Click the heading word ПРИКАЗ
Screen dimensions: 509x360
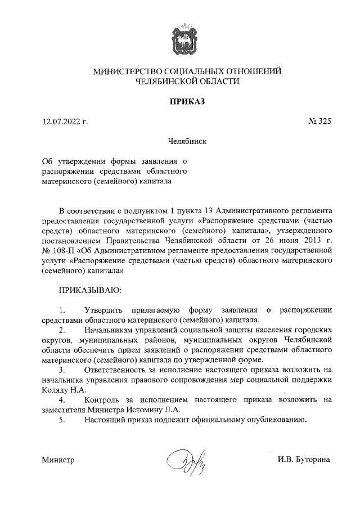click(186, 101)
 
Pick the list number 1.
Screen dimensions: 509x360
click(62, 310)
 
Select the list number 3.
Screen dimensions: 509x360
click(62, 370)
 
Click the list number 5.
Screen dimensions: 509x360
click(62, 420)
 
